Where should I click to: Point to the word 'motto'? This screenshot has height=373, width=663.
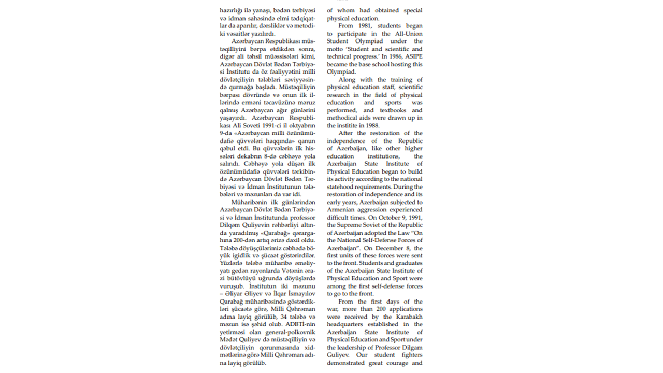(x=336, y=49)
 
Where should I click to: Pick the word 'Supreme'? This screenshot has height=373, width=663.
(x=350, y=225)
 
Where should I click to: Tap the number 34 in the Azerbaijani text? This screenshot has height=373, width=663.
(x=284, y=317)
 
